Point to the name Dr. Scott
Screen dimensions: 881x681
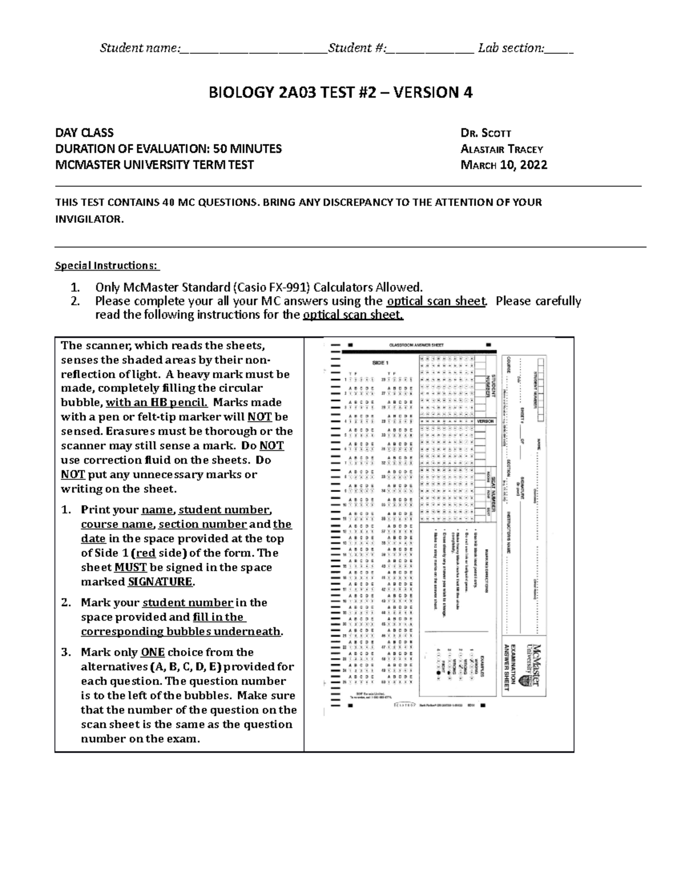tap(486, 133)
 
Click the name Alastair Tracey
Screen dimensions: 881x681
tap(502, 149)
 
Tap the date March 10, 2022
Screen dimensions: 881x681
tap(504, 165)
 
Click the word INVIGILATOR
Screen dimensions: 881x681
tap(88, 219)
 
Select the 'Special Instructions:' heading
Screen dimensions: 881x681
tap(107, 265)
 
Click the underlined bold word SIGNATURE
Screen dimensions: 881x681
tap(161, 582)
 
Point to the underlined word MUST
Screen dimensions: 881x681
tap(131, 568)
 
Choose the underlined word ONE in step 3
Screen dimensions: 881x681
tap(152, 652)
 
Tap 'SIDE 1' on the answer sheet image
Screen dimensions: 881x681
tap(380, 362)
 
